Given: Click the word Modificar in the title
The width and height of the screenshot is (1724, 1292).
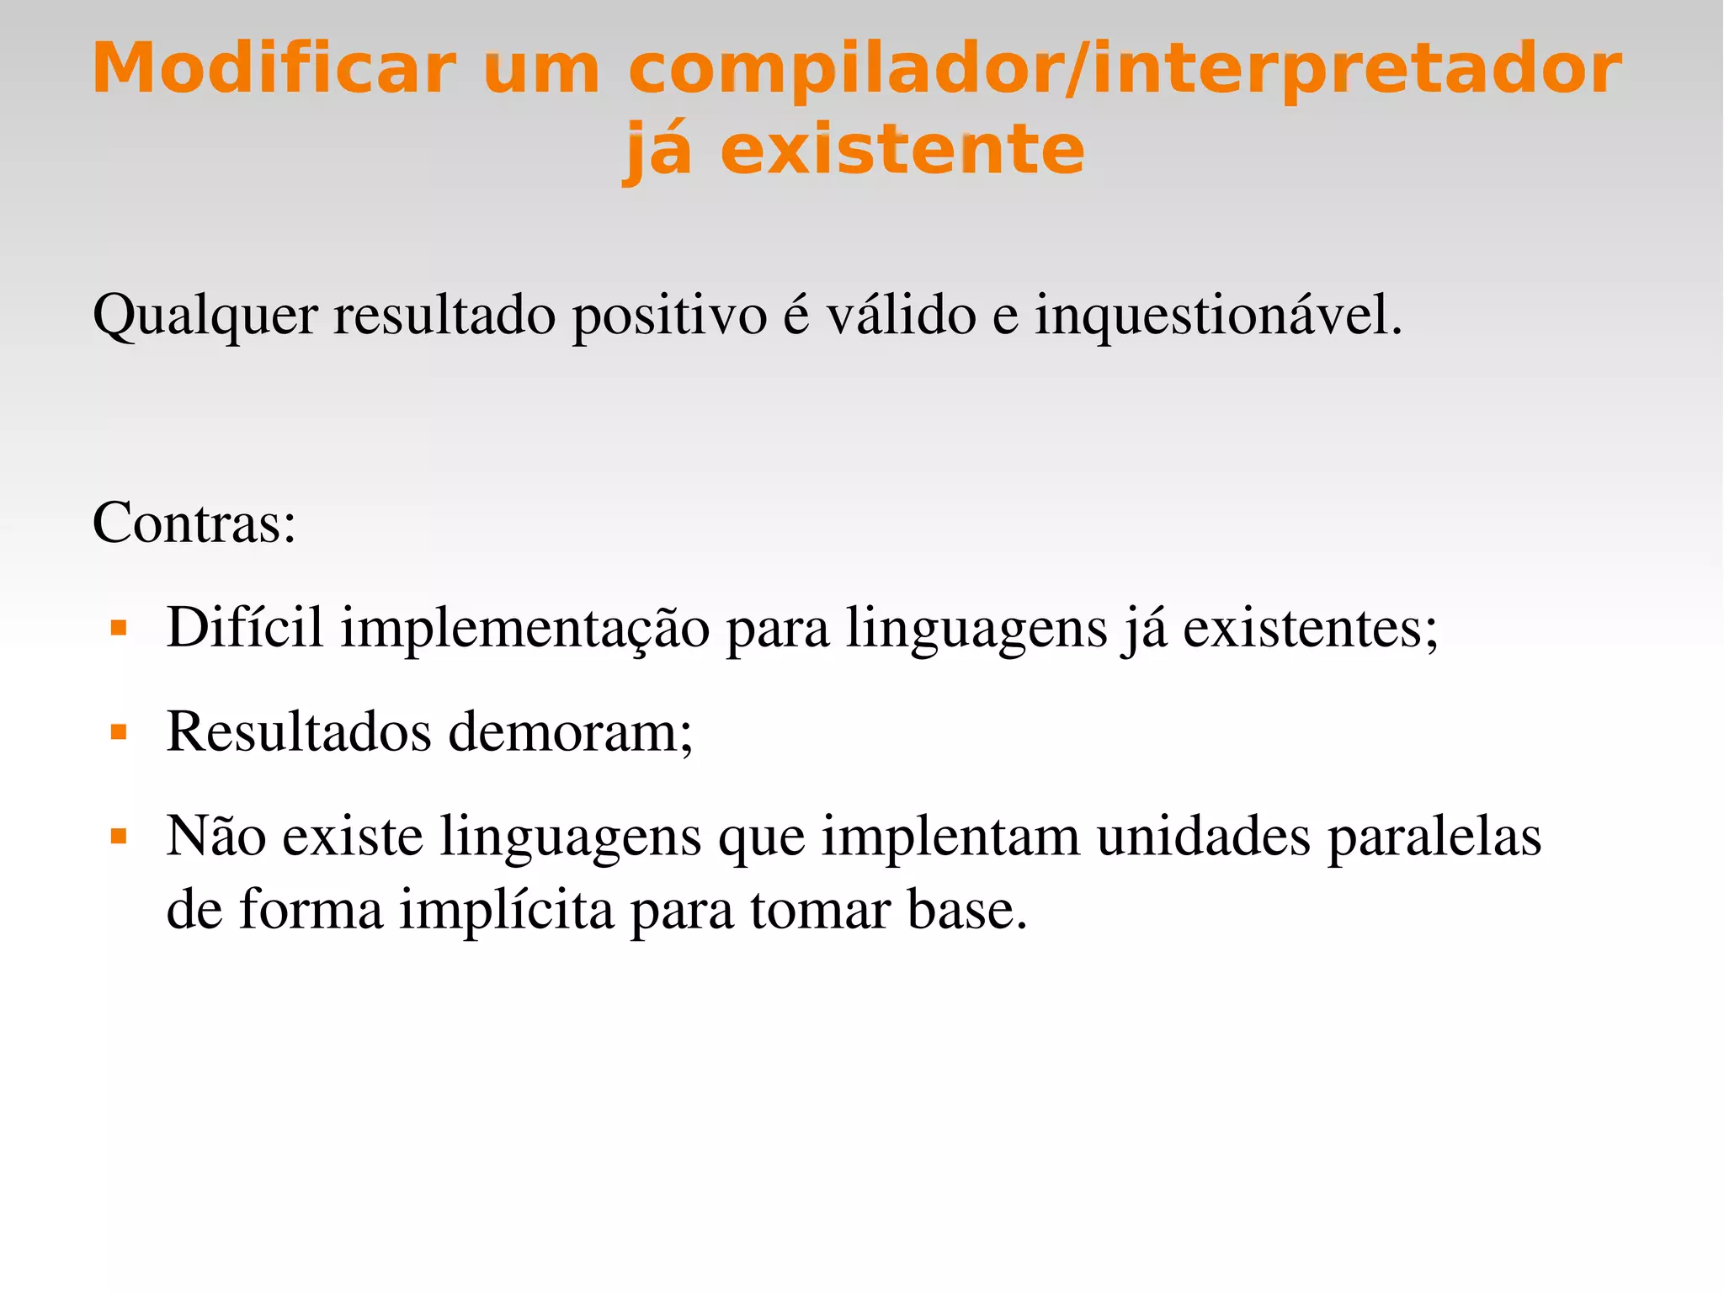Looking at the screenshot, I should coord(274,68).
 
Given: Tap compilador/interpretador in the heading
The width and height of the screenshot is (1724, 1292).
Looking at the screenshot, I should coord(1125,70).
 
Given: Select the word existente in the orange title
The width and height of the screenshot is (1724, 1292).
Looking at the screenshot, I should coord(902,150).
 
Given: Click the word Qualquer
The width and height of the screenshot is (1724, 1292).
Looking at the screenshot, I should coord(205,316).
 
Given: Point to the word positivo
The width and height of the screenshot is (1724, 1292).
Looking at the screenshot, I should coord(669,316).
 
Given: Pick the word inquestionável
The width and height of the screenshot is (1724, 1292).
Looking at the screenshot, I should coord(1218,316).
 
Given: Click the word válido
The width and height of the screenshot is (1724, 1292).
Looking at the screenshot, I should coord(901,315).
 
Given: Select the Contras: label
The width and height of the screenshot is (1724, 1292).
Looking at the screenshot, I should coord(194,523).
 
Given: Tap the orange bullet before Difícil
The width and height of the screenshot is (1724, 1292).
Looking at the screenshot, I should coord(119,628).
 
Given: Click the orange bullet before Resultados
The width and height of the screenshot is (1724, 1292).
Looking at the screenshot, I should coord(119,732).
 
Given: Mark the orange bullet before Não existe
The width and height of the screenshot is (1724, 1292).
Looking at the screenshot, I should coord(119,837).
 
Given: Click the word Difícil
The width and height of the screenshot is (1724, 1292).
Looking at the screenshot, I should coord(245,627).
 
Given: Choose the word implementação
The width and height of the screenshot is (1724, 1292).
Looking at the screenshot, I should coord(525,629).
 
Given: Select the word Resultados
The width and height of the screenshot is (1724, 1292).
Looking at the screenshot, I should coord(299,731).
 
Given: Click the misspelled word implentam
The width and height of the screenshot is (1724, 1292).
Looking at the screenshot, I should coord(950,837).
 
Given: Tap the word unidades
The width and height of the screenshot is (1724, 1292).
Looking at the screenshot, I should coord(1204,837).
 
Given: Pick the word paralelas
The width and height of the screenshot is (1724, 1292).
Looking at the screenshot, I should coord(1434,837).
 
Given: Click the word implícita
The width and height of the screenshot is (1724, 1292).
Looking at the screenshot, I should coord(507,910).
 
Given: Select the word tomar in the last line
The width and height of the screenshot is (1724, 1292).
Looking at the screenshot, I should coord(821,910).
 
